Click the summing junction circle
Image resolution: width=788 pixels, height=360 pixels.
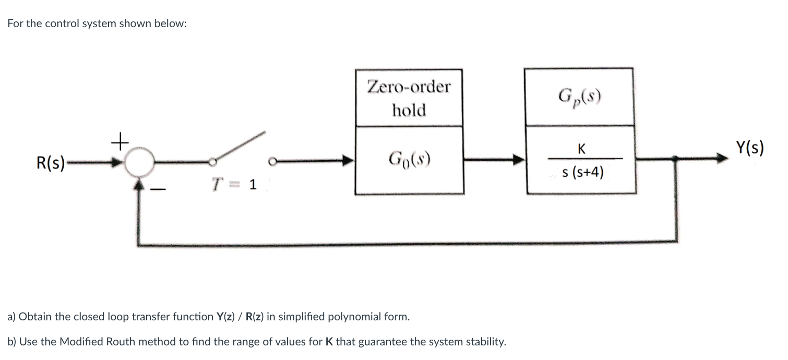click(139, 162)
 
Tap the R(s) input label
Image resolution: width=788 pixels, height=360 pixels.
click(51, 162)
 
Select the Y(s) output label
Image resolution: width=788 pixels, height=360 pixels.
click(750, 148)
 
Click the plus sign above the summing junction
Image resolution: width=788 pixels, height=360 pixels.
click(120, 141)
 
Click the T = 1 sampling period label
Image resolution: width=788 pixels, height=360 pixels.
click(234, 185)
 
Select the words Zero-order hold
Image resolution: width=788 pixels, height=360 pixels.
click(409, 98)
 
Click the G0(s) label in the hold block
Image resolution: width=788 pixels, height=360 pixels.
click(408, 157)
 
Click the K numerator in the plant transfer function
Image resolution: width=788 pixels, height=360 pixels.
click(581, 149)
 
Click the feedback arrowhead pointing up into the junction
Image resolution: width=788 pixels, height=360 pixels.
click(139, 184)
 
